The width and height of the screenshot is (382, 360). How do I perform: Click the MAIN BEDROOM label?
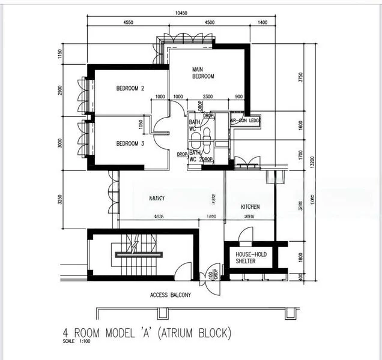[203, 73]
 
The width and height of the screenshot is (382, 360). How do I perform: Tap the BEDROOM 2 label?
[130, 88]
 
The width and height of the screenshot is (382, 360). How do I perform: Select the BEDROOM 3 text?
[130, 143]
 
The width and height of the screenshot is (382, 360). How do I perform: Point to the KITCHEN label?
[250, 207]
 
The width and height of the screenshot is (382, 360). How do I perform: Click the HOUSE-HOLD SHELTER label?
[251, 257]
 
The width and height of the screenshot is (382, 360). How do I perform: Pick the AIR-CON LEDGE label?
[246, 121]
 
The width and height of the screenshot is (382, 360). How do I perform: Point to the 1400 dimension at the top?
[262, 22]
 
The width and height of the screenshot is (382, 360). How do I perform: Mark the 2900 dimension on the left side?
[60, 90]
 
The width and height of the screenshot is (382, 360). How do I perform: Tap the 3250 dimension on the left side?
[60, 200]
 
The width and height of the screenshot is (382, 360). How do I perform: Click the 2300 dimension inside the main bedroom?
[207, 97]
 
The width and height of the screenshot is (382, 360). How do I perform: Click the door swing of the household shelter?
[246, 235]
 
